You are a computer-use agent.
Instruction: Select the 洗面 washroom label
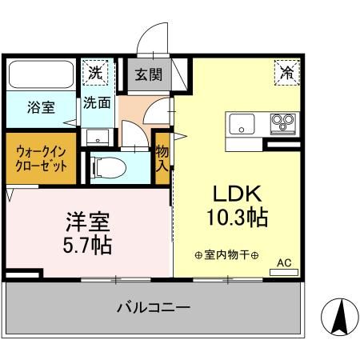tap(98, 102)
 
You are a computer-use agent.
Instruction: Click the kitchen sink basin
tap(242, 123)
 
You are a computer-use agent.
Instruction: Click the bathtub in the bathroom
tap(42, 76)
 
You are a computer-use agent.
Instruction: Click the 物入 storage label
tap(162, 157)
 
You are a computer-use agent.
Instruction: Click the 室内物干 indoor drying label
tap(226, 255)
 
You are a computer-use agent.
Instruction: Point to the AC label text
tap(284, 262)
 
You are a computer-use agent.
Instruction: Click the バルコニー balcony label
tap(152, 307)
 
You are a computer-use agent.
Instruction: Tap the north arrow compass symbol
tap(338, 318)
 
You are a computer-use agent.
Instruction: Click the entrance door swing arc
tap(150, 38)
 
